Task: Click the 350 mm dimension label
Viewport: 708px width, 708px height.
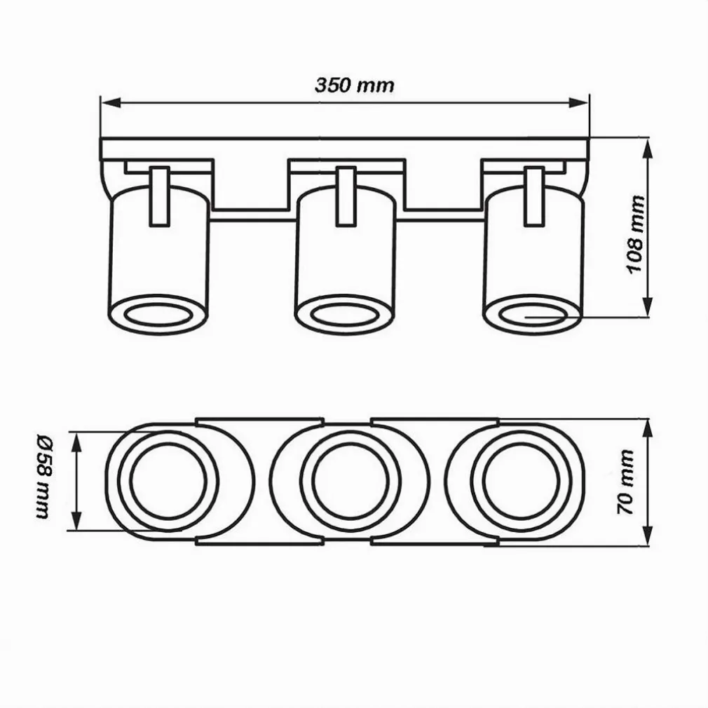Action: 355,85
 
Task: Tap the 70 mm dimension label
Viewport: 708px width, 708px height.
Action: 625,482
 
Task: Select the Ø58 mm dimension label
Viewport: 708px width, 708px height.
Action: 43,477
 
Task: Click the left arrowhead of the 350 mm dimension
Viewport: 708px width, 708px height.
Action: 111,102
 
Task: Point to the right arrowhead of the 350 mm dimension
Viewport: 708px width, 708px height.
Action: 579,102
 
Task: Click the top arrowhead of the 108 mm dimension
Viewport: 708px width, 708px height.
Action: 648,149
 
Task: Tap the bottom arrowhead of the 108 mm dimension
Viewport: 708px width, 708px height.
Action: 648,306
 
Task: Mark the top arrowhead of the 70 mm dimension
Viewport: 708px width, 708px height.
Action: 648,430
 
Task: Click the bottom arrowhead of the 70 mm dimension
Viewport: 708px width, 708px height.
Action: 648,536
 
